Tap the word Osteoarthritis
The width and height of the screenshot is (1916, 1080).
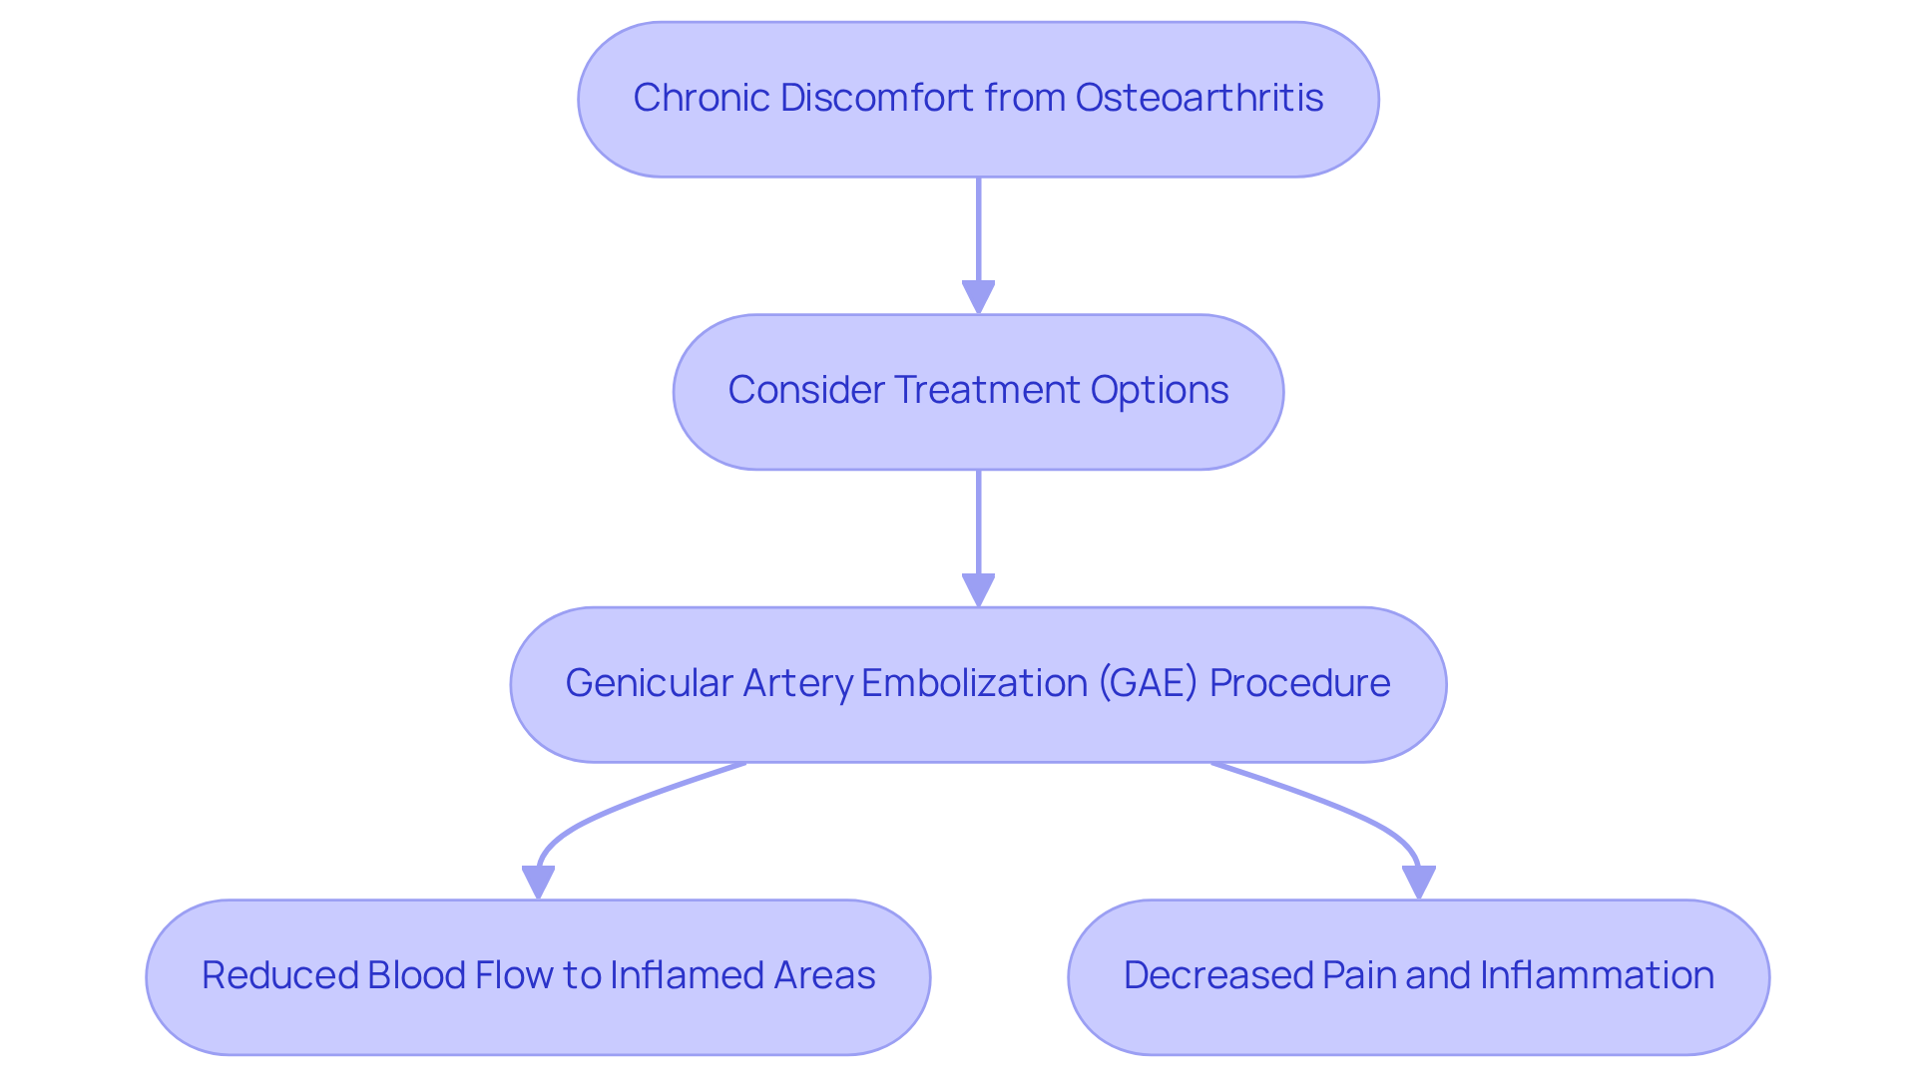pos(1198,98)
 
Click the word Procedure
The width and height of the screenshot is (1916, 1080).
pos(1299,683)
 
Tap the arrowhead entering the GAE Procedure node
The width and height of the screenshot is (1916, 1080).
pos(978,590)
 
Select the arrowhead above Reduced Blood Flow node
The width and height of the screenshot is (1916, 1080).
pos(538,883)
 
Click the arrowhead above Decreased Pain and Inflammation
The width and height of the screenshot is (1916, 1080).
pos(1418,883)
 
